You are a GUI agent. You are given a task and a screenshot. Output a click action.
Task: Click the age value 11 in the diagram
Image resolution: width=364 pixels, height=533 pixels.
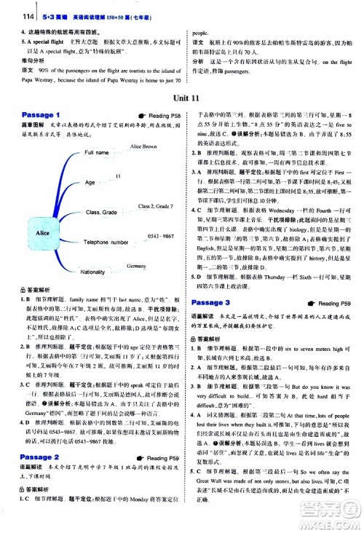118,177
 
